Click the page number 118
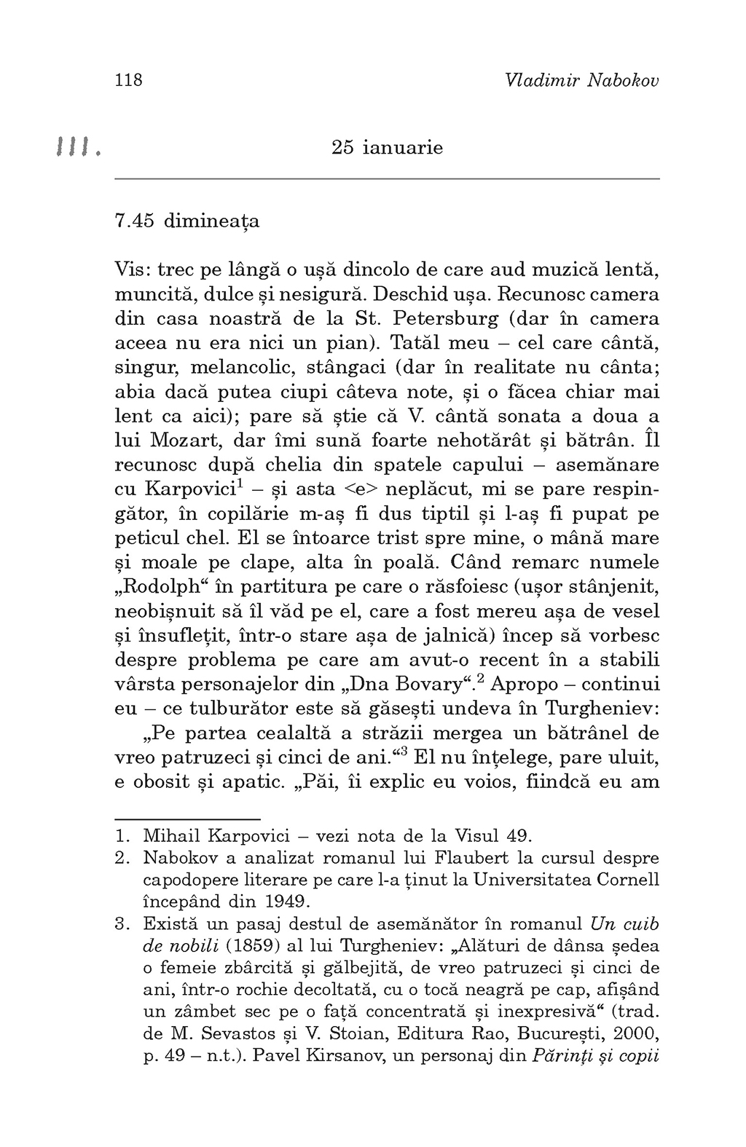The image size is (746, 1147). [129, 80]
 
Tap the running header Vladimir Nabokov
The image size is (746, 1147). [581, 80]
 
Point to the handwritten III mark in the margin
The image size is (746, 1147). [76, 149]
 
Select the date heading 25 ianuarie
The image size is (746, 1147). [387, 148]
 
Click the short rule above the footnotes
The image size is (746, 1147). [187, 819]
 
